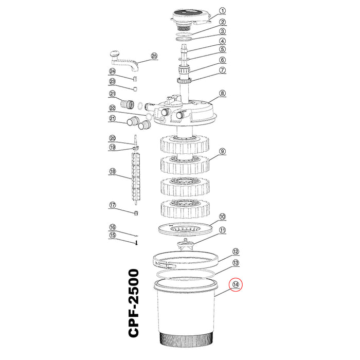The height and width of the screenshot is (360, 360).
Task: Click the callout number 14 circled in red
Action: pos(236,284)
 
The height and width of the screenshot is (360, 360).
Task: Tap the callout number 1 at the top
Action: pos(222,11)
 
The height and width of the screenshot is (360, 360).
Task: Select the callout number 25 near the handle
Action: pos(154,56)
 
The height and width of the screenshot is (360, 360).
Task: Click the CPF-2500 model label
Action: pos(134,303)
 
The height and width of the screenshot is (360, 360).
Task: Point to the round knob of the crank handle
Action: pos(115,55)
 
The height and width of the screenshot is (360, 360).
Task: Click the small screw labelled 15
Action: pos(136,242)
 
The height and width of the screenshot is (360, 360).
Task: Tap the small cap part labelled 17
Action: pos(136,213)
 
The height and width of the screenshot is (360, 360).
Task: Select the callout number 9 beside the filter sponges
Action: pos(222,151)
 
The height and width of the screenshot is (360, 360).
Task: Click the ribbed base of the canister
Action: pos(186,339)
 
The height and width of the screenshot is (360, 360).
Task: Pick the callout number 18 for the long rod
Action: pos(112,171)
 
